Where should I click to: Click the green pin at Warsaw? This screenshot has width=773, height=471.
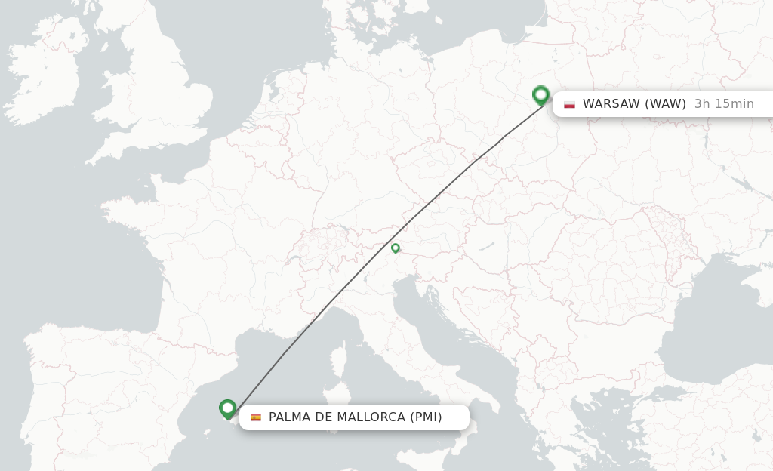tap(540, 95)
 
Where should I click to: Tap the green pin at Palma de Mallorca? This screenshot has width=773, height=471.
tap(227, 408)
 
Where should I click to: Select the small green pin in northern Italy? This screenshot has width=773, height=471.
tap(395, 248)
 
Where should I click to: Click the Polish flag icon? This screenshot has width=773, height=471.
tap(569, 104)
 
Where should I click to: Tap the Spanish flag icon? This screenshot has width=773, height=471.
tap(256, 417)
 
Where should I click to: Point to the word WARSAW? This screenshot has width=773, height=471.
tap(611, 104)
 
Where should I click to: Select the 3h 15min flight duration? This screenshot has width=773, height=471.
tap(724, 104)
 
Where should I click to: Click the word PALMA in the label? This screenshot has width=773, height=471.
tap(288, 417)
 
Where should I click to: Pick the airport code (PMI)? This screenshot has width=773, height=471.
tap(426, 417)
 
